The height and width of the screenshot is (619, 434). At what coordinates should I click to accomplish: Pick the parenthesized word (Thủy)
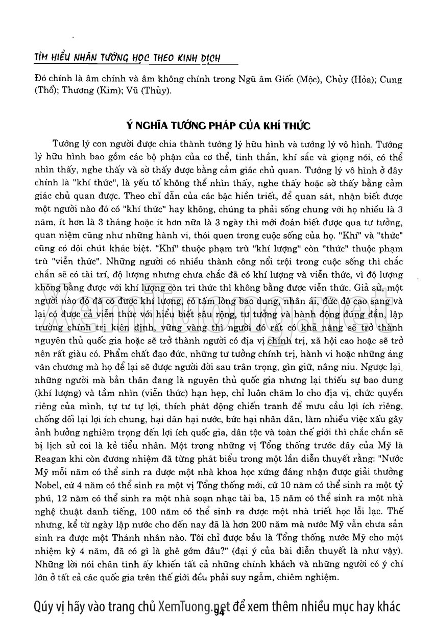pos(156,91)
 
